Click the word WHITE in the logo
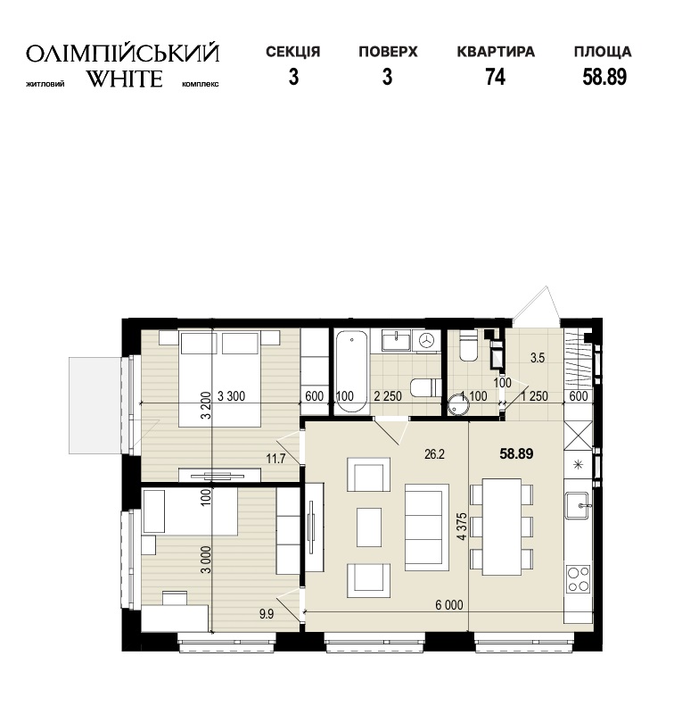click(124, 79)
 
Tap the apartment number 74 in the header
click(495, 77)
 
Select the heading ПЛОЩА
click(603, 52)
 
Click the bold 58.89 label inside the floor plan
click(516, 453)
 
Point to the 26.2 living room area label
click(434, 454)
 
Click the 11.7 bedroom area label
click(275, 459)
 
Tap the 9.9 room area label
click(267, 614)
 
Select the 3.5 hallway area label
click(538, 358)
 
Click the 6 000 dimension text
click(448, 604)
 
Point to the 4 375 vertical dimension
click(462, 526)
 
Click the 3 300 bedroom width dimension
click(231, 396)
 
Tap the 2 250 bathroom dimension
click(388, 396)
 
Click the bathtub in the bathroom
click(351, 371)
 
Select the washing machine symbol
click(428, 340)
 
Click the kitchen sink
click(578, 505)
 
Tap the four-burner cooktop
click(579, 579)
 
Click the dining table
click(502, 527)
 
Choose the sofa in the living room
click(427, 527)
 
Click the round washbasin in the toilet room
click(459, 403)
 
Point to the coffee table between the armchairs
click(369, 527)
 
